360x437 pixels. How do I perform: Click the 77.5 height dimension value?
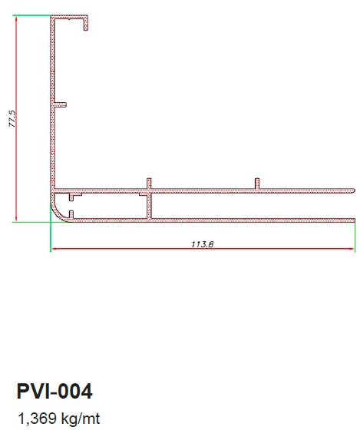12,119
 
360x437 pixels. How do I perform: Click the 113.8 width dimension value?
203,244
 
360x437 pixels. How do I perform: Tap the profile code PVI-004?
54,391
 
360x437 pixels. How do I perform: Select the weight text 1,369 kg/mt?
59,419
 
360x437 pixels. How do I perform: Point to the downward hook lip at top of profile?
86,23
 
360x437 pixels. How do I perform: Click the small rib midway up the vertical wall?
60,104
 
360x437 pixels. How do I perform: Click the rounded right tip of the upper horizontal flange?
354,190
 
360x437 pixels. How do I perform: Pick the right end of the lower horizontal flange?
354,220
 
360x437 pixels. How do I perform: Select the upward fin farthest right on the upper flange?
257,184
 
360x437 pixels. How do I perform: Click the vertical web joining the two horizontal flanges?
150,206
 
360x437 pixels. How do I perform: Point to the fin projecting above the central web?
149,184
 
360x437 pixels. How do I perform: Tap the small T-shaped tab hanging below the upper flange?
73,196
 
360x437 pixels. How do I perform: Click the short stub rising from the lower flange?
71,214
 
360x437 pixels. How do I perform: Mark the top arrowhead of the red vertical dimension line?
16,17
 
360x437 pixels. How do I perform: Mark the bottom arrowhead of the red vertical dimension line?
16,220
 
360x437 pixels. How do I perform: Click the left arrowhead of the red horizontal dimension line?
53,248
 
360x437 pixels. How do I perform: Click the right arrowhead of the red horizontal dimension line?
352,248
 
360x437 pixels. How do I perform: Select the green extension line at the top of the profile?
31,15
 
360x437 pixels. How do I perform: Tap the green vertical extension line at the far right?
355,237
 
